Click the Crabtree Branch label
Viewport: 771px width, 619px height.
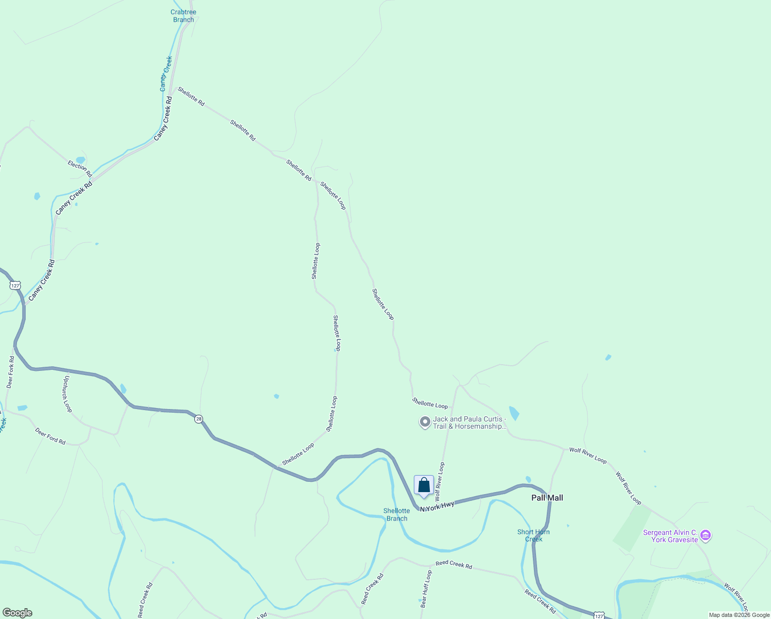point(183,16)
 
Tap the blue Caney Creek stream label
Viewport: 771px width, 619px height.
point(166,74)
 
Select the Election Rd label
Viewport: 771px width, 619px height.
point(80,168)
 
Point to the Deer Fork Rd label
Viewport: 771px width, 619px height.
point(10,372)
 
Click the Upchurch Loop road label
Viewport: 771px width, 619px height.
point(67,393)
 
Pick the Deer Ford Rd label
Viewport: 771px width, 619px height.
point(51,436)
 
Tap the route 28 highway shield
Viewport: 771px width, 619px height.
point(199,419)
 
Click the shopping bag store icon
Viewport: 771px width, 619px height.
point(424,485)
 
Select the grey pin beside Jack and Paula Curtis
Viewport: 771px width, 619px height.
point(425,422)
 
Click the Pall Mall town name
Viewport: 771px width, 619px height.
point(547,498)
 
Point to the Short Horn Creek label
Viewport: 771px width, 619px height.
point(533,535)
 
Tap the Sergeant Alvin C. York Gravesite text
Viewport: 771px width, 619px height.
point(671,536)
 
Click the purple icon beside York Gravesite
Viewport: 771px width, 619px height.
point(706,536)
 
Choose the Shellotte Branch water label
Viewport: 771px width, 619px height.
point(396,515)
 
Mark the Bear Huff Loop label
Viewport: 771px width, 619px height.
point(426,589)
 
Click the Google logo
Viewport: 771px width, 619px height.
point(17,613)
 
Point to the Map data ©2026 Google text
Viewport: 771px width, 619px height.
point(739,615)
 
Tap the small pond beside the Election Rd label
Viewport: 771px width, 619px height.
point(80,160)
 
